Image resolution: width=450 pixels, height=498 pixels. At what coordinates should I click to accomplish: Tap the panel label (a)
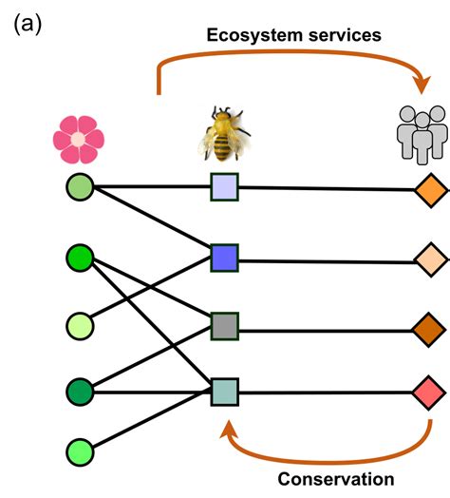[x=26, y=24]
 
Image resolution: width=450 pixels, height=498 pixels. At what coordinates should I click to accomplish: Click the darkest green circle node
[x=80, y=391]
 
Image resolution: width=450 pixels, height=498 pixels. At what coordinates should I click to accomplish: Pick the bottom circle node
[x=80, y=450]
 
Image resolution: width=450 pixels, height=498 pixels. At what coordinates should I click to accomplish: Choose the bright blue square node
[x=224, y=257]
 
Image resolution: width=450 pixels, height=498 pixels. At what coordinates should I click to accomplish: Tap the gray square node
[x=224, y=325]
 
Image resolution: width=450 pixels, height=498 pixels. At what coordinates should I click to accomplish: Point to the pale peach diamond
[x=430, y=259]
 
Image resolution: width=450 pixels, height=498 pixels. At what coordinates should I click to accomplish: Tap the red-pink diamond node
[x=430, y=391]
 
